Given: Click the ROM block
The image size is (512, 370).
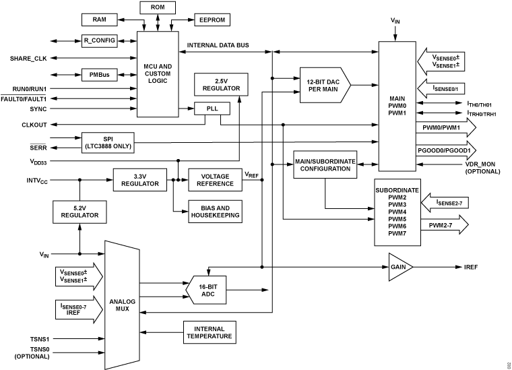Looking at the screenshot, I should (158, 8).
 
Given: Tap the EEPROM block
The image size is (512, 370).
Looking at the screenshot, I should (213, 20).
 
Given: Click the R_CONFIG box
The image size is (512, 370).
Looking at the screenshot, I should (100, 40).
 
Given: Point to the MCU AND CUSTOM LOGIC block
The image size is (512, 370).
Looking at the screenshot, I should (159, 73).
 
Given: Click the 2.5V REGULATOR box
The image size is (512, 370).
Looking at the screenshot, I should (220, 84).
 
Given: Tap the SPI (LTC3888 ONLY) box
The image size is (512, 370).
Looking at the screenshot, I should (108, 142).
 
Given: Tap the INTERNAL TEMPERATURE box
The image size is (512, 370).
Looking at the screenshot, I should (209, 331).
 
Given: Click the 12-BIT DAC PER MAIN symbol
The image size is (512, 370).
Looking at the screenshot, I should (325, 85).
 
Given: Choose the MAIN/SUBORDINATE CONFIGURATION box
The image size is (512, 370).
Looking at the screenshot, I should (324, 166).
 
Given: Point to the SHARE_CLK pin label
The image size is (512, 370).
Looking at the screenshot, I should (29, 58).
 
